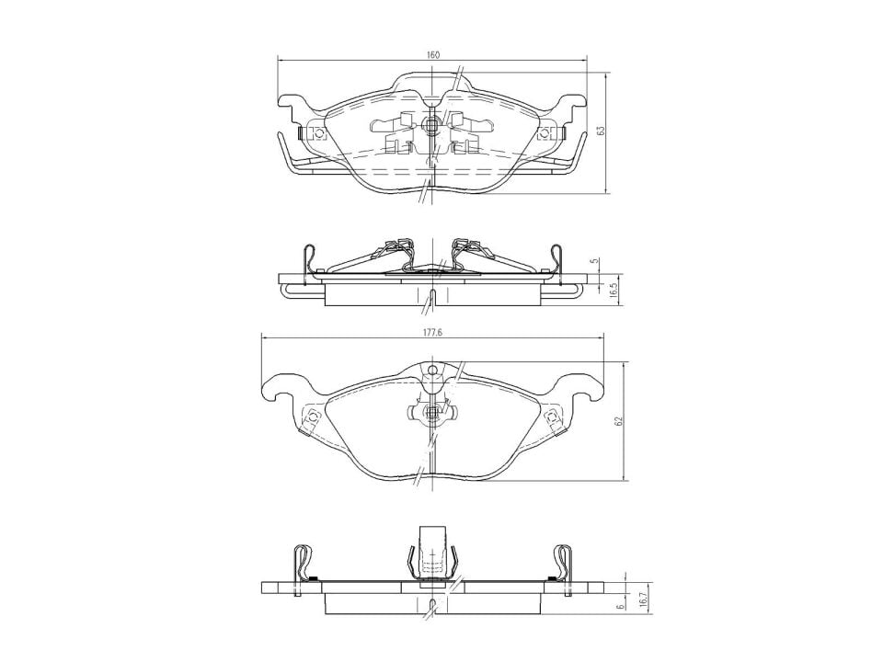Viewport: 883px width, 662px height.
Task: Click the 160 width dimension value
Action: point(432,54)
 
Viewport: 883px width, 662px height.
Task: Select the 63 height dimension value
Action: point(601,131)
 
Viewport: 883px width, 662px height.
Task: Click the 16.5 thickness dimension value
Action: point(613,290)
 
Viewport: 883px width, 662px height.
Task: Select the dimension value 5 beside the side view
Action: point(595,261)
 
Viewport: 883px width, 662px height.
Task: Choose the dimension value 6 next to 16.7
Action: point(622,604)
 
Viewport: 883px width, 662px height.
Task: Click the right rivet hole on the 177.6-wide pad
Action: point(553,418)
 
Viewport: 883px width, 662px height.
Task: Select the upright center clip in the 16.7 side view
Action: point(431,553)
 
